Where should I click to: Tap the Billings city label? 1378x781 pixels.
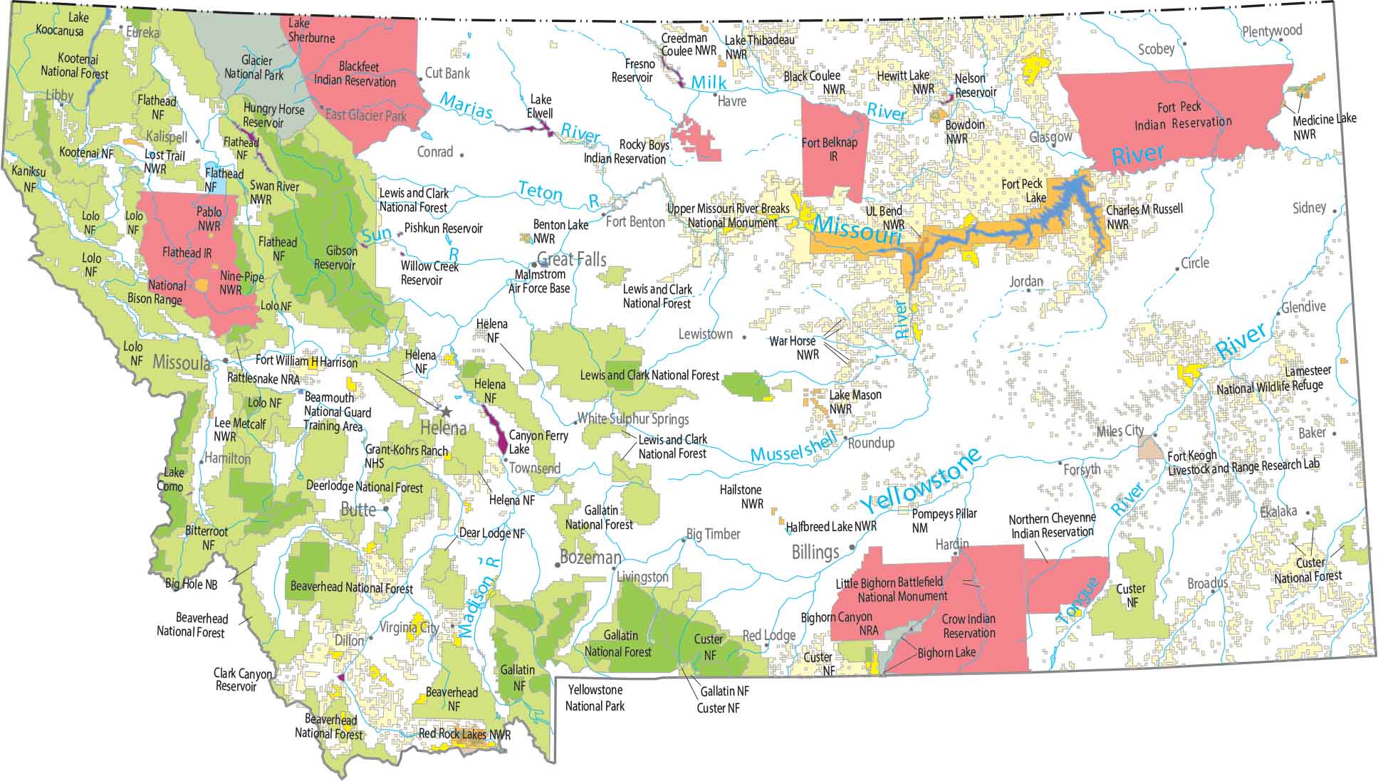815,552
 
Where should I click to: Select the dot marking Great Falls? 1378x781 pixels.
533,264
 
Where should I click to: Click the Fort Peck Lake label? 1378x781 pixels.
1023,191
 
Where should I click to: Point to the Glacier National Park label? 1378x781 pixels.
254,68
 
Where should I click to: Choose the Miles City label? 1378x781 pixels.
1119,431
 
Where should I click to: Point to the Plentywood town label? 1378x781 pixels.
1272,31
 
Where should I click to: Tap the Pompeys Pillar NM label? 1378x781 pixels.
944,520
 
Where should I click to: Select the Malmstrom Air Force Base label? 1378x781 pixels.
538,281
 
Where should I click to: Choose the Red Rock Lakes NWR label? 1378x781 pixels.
464,734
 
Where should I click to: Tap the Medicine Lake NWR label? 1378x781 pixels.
1324,126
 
